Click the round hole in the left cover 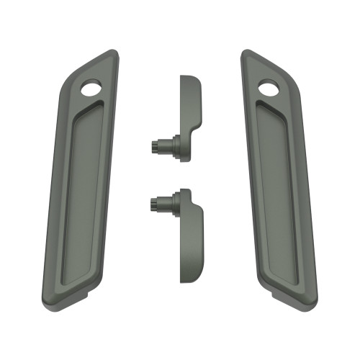(x=91, y=89)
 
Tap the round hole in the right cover (x=269, y=89)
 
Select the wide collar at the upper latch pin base (x=173, y=145)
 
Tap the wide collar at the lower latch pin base (x=173, y=205)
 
